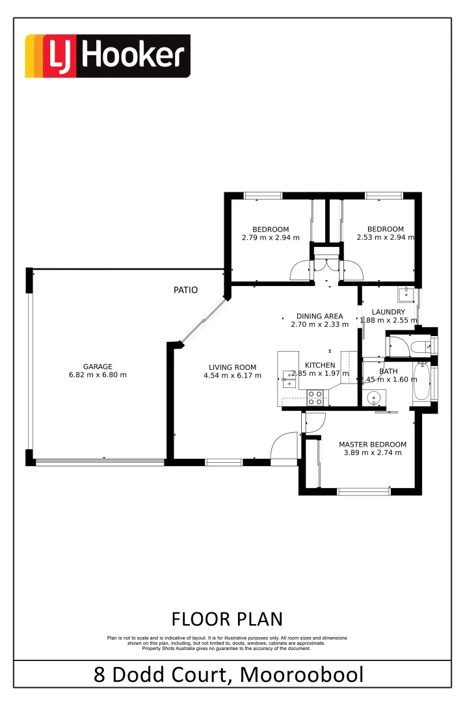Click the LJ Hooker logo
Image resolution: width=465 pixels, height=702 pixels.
(107, 57)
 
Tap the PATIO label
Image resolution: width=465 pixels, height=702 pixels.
(185, 290)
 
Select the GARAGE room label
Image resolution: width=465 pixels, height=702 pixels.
(98, 367)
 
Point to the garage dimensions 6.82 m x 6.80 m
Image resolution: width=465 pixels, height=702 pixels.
(98, 375)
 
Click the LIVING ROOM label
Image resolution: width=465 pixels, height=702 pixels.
(232, 367)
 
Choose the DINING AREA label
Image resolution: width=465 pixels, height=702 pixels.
(319, 317)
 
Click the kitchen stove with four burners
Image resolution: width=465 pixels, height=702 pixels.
(315, 397)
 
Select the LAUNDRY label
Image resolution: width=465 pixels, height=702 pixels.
(388, 312)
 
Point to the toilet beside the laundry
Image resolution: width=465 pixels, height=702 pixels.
(423, 345)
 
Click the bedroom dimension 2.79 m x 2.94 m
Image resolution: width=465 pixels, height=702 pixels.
(270, 238)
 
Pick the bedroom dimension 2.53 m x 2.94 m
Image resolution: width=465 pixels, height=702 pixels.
(385, 238)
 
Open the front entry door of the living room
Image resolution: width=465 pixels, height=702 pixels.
(284, 448)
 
